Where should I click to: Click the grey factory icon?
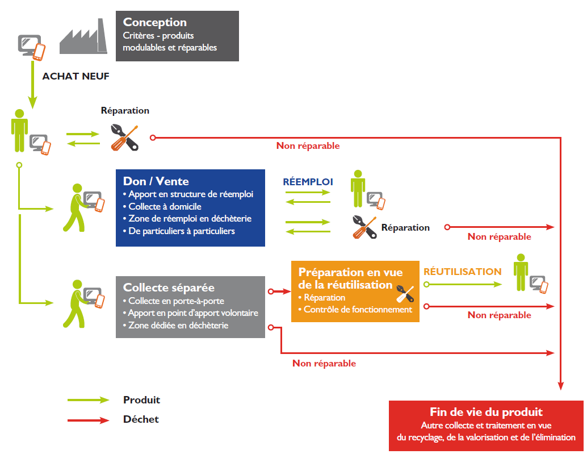pos(83,36)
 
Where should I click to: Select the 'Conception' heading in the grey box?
pos(154,23)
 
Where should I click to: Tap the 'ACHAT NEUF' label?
pos(76,76)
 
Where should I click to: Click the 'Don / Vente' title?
pos(156,181)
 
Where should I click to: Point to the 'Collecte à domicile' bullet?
pos(162,206)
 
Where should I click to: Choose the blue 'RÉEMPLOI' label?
pos(308,182)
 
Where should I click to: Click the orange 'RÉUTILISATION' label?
pos(462,272)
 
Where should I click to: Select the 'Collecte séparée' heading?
pos(169,288)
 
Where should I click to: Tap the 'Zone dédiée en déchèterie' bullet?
pos(175,325)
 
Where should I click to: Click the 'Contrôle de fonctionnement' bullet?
pos(355,310)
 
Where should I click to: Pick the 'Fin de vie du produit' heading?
pos(486,412)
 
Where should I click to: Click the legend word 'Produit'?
pos(141,400)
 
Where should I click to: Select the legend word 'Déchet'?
pos(141,419)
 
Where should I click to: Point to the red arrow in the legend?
pos(89,420)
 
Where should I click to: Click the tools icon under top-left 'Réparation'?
pos(125,138)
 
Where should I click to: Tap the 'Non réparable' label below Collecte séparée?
pos(324,363)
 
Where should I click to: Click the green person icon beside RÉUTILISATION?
pos(521,272)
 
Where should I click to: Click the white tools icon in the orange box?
pos(405,294)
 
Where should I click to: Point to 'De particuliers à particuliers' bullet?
pos(179,231)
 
